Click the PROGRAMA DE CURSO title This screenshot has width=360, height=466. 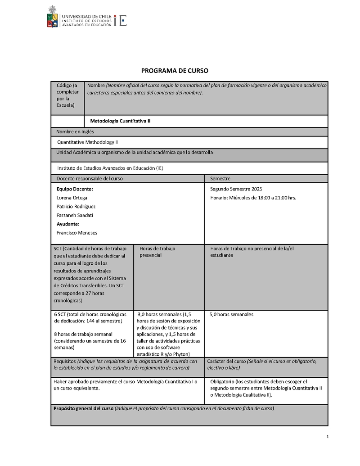(x=175, y=71)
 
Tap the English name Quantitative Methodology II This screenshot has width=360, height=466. (x=87, y=142)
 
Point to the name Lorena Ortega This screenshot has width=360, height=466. (x=72, y=198)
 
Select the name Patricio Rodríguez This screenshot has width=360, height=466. (x=76, y=207)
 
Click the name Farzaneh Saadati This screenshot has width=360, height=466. (x=75, y=215)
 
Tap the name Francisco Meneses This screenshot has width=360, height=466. (x=77, y=233)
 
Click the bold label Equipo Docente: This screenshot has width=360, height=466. (x=75, y=189)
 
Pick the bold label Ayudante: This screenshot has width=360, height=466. (x=68, y=224)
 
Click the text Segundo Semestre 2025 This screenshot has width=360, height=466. (x=236, y=189)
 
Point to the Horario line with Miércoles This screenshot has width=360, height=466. (x=253, y=198)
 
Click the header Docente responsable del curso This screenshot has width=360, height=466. (x=89, y=179)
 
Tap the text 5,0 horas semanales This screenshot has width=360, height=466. (x=231, y=314)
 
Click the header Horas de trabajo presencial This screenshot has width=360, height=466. (x=157, y=252)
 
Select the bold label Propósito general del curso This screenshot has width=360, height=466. (x=83, y=409)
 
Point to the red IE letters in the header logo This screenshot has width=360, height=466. (x=121, y=20)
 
